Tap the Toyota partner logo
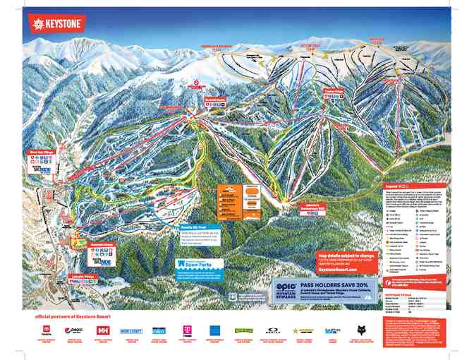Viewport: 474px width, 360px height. pos(47,330)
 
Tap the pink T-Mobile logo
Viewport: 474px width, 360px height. pos(187,330)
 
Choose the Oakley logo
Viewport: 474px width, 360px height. pos(275,330)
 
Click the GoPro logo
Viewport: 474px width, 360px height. pos(332,330)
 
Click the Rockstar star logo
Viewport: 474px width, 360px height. pos(305,330)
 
